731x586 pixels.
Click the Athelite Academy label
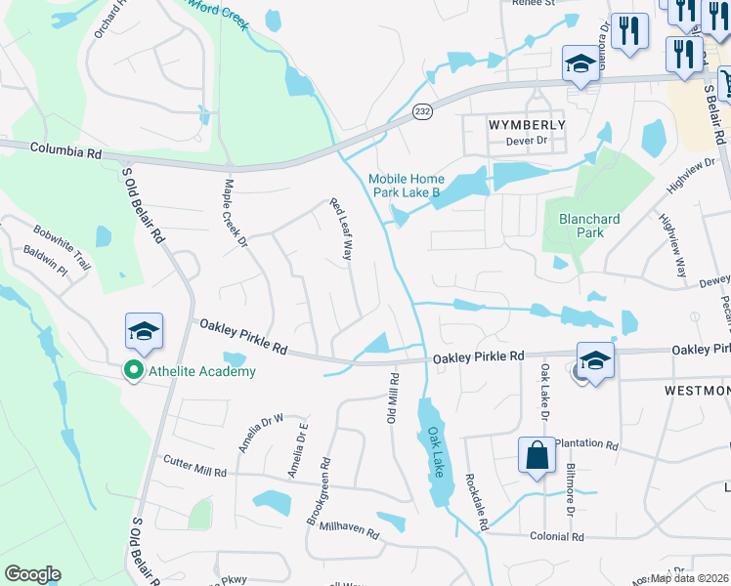tap(201, 371)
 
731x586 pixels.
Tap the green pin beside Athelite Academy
tap(134, 371)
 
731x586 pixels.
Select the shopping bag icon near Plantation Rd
tap(537, 456)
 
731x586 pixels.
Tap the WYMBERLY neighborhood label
tap(527, 125)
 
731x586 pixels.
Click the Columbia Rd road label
tap(65, 151)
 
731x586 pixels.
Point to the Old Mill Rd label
tap(394, 397)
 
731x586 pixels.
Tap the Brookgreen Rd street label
tap(319, 492)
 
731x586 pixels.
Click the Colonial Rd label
tap(558, 536)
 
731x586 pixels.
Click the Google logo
tap(32, 574)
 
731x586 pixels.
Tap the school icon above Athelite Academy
tap(144, 332)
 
